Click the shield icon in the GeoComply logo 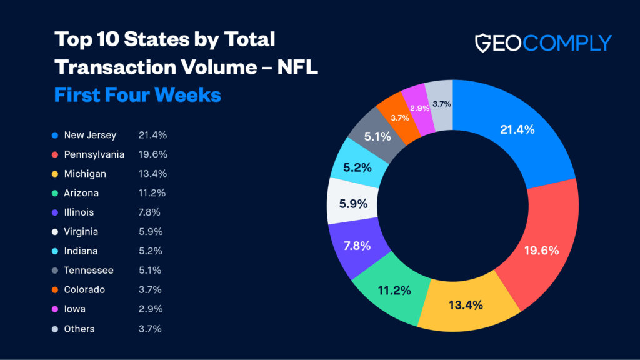click(486, 42)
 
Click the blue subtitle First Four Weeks click(137, 94)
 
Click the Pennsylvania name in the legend click(94, 154)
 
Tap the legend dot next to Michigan click(56, 174)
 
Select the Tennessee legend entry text click(89, 271)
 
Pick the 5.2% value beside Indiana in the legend click(150, 251)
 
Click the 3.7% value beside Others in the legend click(150, 329)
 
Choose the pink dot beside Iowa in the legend click(56, 309)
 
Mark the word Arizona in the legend click(81, 193)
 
